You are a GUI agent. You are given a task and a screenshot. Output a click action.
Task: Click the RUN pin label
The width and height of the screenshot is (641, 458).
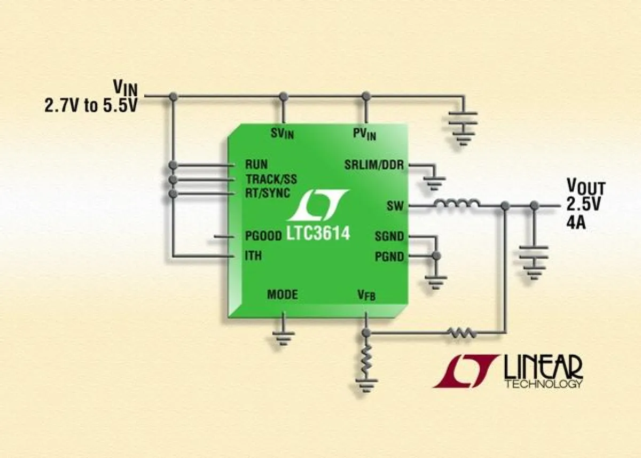click(256, 164)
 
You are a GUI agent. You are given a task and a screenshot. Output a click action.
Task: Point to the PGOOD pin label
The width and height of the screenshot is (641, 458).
click(263, 236)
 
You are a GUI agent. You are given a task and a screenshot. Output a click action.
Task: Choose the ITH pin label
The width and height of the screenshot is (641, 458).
click(253, 256)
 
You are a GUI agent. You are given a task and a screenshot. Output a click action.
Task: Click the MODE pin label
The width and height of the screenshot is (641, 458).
click(283, 294)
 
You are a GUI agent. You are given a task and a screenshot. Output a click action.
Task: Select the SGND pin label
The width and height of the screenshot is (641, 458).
click(389, 236)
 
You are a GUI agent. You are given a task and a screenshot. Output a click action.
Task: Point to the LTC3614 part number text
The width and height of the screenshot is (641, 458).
click(319, 232)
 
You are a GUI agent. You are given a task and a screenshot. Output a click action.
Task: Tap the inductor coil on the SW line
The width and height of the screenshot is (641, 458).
click(456, 204)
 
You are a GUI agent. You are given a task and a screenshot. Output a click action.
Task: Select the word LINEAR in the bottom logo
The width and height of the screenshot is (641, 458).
click(543, 368)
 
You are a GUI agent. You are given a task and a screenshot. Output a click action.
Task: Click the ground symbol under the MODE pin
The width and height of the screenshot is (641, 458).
click(283, 336)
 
